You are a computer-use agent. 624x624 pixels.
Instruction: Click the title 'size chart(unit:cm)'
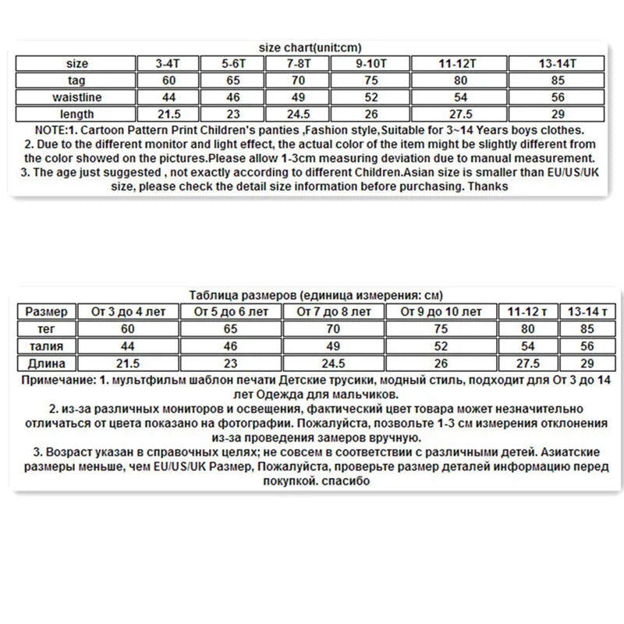coord(310,48)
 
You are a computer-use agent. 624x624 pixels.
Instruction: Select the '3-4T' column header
coord(168,64)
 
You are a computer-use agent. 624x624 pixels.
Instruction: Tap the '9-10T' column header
coord(372,64)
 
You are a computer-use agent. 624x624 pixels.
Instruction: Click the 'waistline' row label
coord(77,97)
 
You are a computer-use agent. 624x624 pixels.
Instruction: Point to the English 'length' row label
coord(77,115)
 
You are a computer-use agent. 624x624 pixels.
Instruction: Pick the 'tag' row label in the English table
coord(77,80)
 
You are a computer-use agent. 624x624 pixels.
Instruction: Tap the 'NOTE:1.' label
coord(59,130)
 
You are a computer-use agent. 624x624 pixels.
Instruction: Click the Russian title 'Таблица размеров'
coord(242,296)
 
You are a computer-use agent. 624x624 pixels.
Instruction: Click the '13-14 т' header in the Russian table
coord(584,312)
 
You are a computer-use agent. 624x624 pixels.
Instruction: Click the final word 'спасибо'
coord(344,481)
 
